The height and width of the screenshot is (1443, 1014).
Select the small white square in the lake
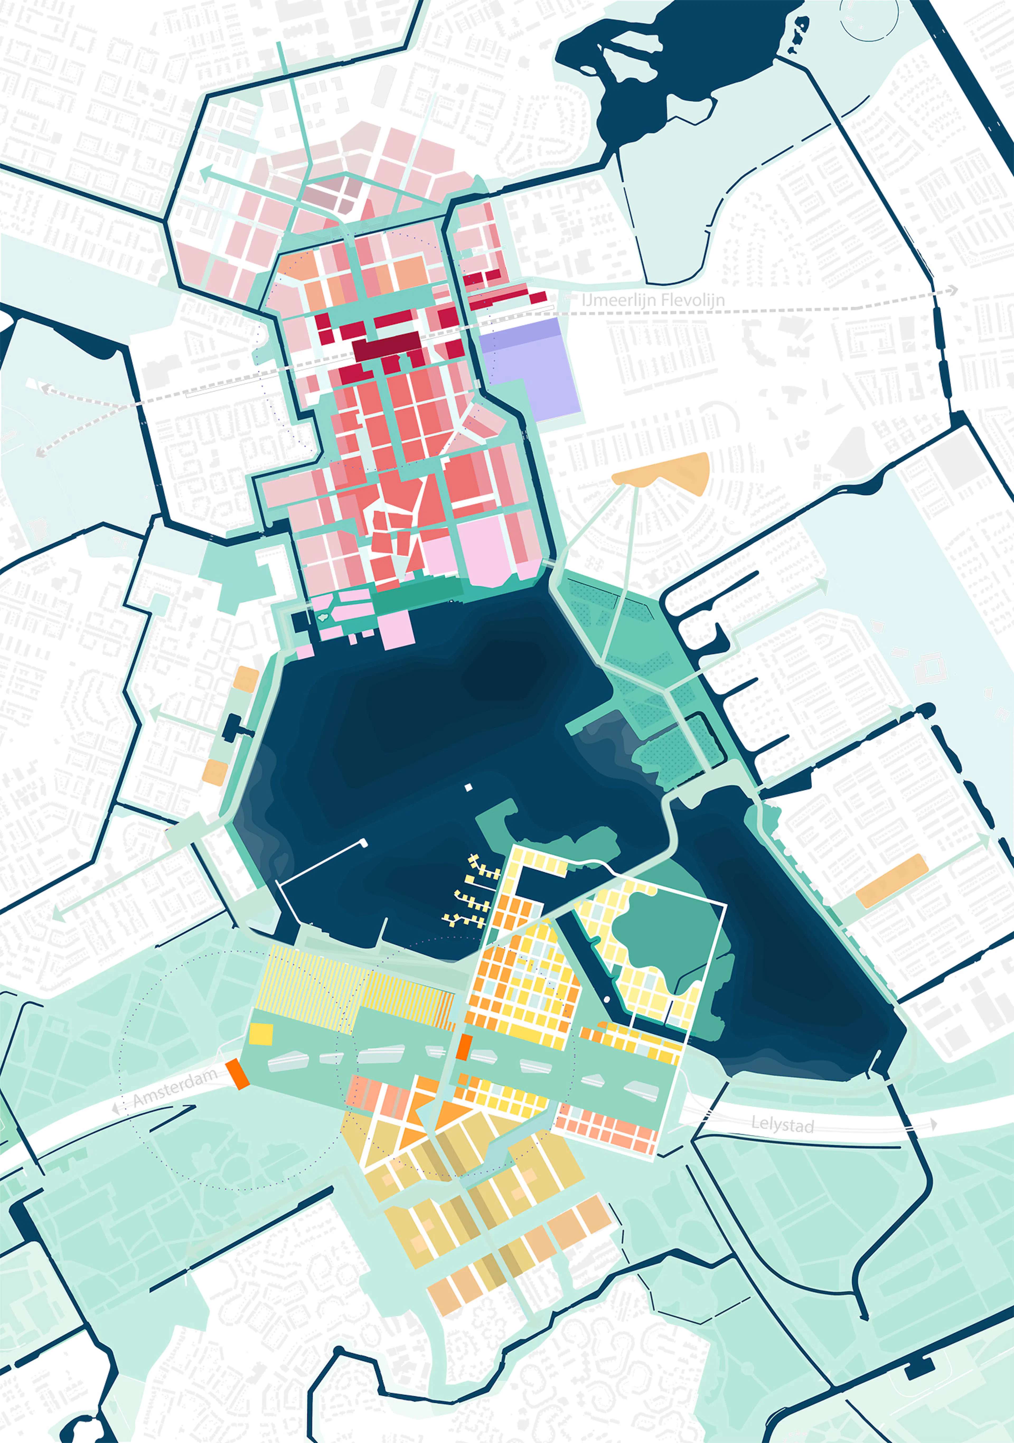(x=468, y=787)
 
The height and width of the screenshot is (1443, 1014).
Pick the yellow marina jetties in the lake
(x=471, y=892)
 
